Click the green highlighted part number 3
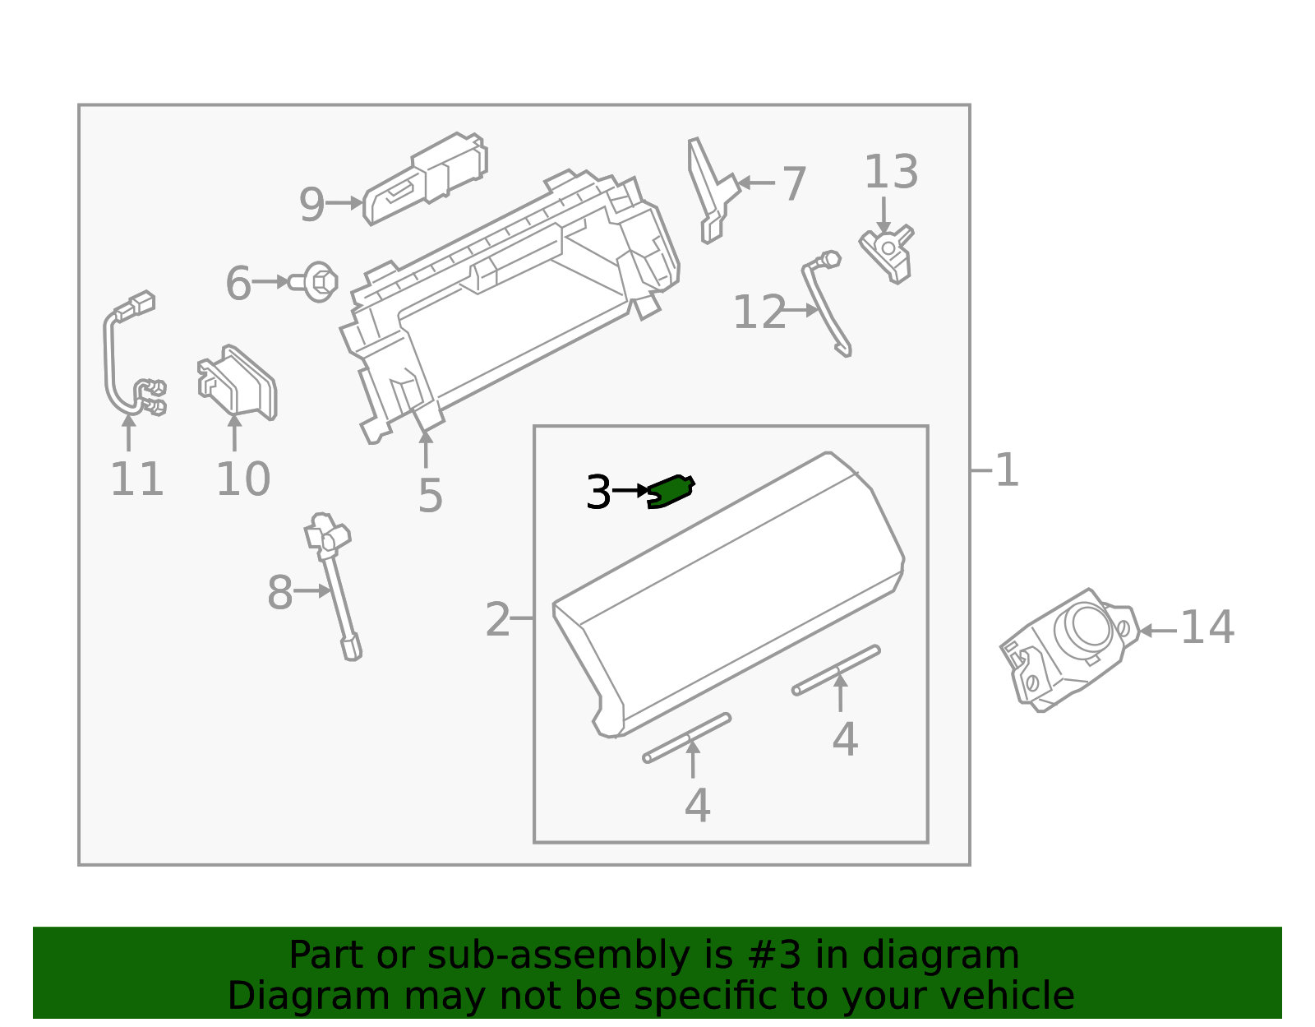[x=671, y=491]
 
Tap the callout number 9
[x=312, y=204]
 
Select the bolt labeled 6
[x=313, y=281]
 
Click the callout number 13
[x=891, y=171]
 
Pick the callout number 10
[x=242, y=479]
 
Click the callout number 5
[x=431, y=496]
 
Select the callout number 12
[x=759, y=312]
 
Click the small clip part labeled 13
[x=887, y=254]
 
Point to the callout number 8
[x=279, y=592]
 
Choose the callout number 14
[x=1207, y=627]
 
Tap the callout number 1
[x=1007, y=470]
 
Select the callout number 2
[x=497, y=619]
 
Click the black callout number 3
[x=598, y=492]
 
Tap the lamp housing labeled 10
[x=238, y=382]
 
